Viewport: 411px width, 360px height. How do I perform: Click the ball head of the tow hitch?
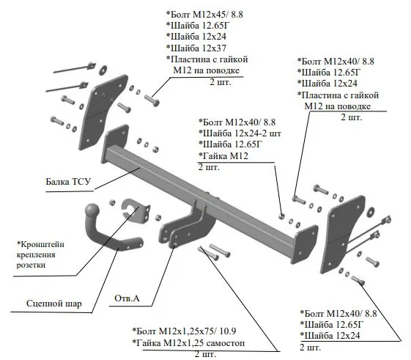(x=92, y=210)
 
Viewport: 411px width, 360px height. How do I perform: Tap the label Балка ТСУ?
(x=68, y=182)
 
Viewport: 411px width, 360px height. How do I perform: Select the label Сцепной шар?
(x=54, y=304)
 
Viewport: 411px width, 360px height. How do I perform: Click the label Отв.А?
(x=127, y=298)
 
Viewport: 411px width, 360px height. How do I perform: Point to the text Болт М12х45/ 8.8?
(x=204, y=14)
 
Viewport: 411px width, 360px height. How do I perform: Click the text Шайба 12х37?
(x=196, y=48)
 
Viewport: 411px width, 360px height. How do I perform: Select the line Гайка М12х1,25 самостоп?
(x=188, y=342)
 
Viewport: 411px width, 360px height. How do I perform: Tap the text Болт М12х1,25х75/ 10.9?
(x=185, y=331)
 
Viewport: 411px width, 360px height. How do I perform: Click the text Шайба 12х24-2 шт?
(x=240, y=133)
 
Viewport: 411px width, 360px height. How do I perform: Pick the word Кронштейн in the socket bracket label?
(x=40, y=244)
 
